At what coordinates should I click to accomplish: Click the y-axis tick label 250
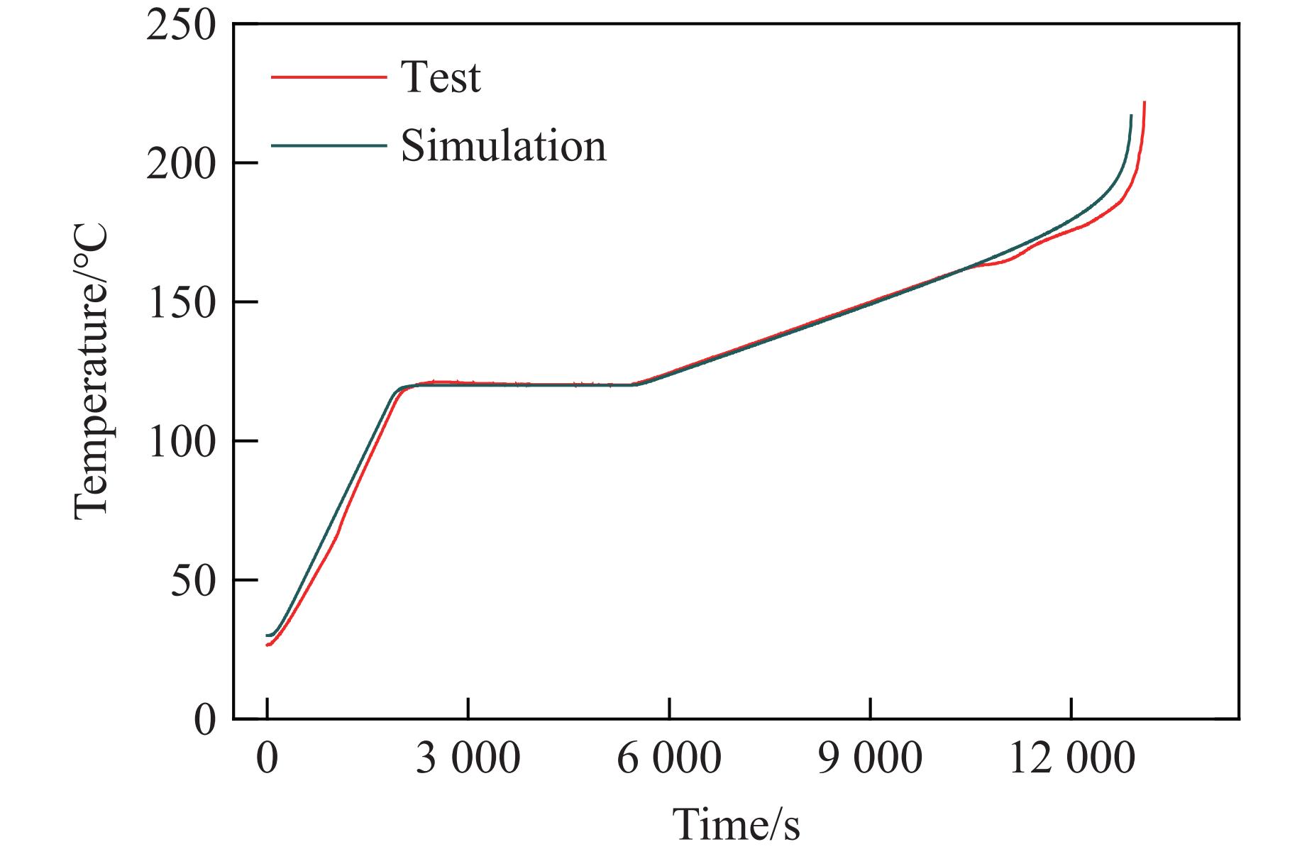[x=180, y=26]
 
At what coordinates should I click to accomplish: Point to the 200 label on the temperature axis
[x=180, y=165]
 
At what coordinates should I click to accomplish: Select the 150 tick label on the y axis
[x=180, y=304]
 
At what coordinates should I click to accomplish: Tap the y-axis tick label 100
[x=180, y=443]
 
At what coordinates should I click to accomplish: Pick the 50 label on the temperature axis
[x=193, y=582]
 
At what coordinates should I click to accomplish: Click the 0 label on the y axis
[x=204, y=721]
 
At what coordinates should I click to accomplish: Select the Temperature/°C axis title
[x=91, y=372]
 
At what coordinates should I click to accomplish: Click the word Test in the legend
[x=441, y=77]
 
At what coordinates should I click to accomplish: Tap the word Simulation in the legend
[x=504, y=146]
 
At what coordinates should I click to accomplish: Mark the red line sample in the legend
[x=329, y=77]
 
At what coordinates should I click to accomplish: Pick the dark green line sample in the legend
[x=329, y=146]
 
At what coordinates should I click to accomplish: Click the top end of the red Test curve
[x=1145, y=103]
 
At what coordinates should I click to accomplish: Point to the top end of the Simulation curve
[x=1131, y=116]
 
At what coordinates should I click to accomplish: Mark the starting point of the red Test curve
[x=267, y=645]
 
